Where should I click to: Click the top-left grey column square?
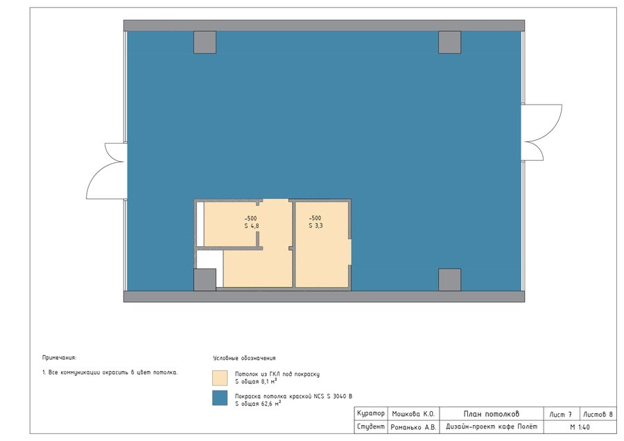tap(205, 42)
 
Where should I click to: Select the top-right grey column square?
tap(450, 42)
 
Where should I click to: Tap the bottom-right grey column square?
tap(450, 280)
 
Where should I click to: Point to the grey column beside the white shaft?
tap(205, 280)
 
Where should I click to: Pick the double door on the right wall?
tap(541, 132)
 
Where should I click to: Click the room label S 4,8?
tap(252, 225)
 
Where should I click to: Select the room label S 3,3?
tap(315, 225)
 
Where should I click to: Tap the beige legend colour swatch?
tap(220, 378)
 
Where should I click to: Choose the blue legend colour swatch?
tap(220, 398)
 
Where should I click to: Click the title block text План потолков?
tap(492, 414)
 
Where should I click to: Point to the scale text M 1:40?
tap(580, 427)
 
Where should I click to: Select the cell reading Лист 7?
tap(561, 415)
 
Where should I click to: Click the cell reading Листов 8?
tap(598, 415)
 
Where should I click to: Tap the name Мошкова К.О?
tap(413, 414)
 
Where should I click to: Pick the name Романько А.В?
tap(413, 427)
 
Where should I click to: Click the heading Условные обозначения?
tap(244, 358)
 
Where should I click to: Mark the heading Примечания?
tap(60, 358)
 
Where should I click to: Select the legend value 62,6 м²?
tap(271, 404)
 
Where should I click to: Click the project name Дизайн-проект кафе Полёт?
tap(492, 426)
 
